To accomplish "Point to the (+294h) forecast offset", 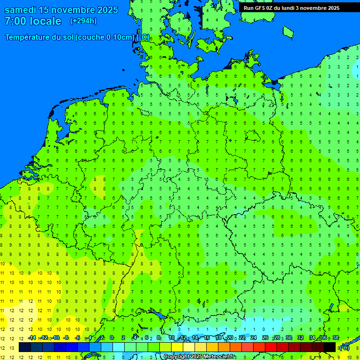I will click(83, 21).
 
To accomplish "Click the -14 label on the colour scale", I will click(32, 338).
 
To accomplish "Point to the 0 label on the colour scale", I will click(112, 338).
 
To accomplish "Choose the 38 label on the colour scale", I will click(336, 338).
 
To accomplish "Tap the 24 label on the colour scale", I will click(254, 338).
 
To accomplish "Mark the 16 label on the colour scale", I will click(206, 338).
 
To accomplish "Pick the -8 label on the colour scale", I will click(66, 338).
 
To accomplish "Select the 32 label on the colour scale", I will click(300, 338).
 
